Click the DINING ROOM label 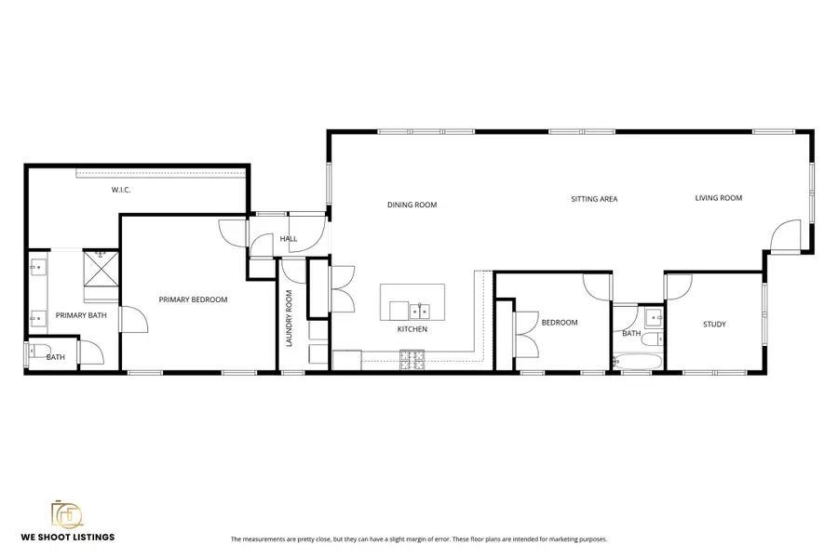tap(412, 205)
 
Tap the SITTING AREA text tap(594, 199)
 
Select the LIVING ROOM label tap(718, 197)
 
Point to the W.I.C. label tap(121, 190)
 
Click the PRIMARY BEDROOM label tap(193, 299)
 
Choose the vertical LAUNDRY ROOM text tap(290, 319)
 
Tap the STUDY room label tap(714, 325)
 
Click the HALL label tap(289, 239)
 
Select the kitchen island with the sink tap(412, 301)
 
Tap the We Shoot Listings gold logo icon tap(66, 514)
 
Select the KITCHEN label tap(412, 329)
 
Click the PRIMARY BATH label tap(81, 315)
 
